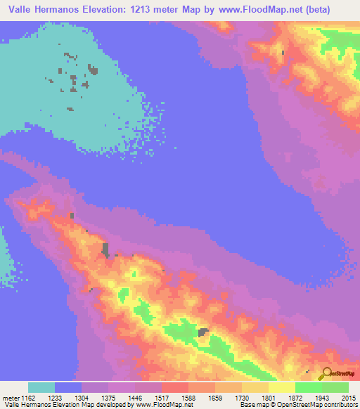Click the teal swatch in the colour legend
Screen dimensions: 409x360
coord(41,387)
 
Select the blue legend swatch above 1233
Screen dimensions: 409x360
coord(68,387)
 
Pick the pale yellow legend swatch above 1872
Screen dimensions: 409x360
coord(281,387)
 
